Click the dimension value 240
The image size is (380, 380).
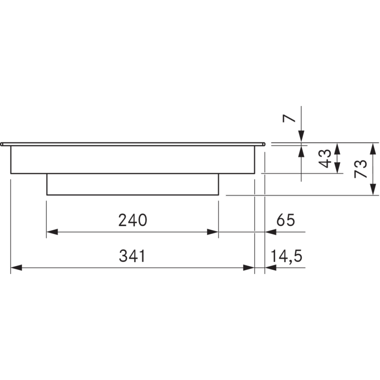point(133,220)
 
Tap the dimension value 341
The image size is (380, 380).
point(132,256)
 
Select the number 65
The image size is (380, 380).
point(286,220)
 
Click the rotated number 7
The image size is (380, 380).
point(289,118)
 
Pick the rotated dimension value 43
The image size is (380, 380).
point(325,159)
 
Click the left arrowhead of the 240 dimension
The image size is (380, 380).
point(52,232)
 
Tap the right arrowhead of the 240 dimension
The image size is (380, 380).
point(213,232)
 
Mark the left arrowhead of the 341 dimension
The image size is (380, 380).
point(16,268)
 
